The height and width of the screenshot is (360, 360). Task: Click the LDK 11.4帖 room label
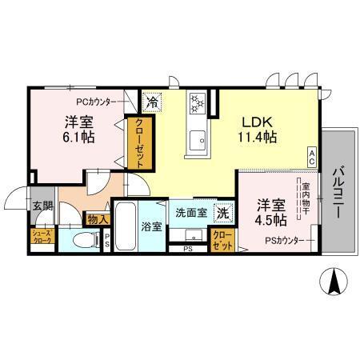pyautogui.click(x=260, y=130)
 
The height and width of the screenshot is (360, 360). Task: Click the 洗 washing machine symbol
pyautogui.click(x=225, y=214)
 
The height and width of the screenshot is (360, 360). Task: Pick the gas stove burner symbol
pyautogui.click(x=197, y=102)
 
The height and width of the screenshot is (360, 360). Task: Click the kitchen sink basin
pyautogui.click(x=196, y=142)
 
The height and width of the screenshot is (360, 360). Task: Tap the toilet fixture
pyautogui.click(x=81, y=240)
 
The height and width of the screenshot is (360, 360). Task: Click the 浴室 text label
pyautogui.click(x=152, y=226)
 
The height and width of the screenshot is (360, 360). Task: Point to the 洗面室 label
pyautogui.click(x=191, y=214)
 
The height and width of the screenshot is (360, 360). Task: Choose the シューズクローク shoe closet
pyautogui.click(x=42, y=237)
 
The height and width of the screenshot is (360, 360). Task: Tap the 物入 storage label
pyautogui.click(x=96, y=218)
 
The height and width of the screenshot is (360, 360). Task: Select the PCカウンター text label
pyautogui.click(x=99, y=102)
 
